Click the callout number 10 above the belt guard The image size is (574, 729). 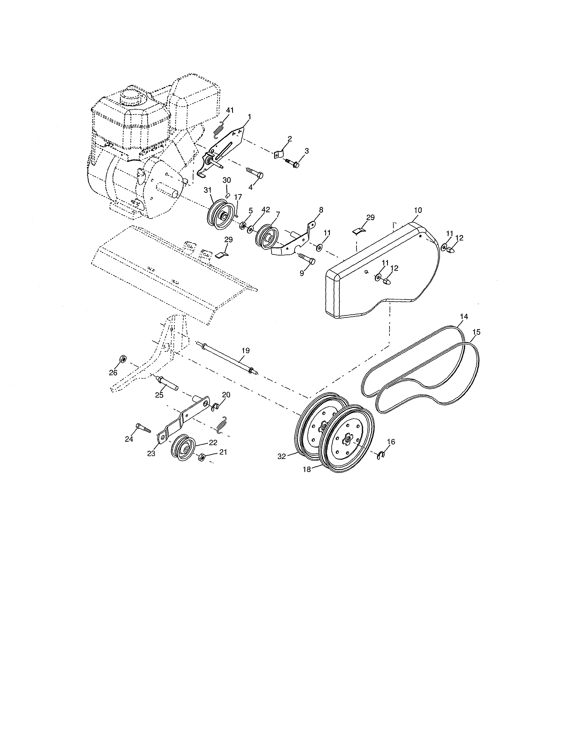coord(418,210)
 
